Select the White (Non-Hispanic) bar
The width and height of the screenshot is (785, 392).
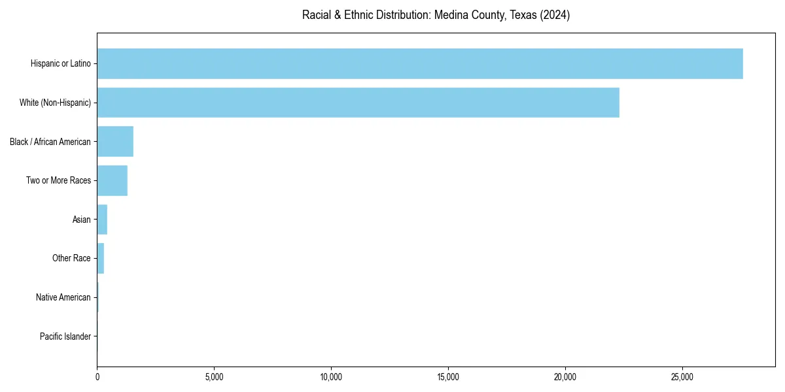358,103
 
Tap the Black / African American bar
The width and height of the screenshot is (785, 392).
115,141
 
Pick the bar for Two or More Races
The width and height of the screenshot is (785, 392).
112,180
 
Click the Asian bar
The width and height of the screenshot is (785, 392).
102,220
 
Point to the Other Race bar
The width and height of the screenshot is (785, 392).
101,258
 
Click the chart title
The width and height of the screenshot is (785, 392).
436,15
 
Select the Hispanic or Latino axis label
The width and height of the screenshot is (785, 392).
60,63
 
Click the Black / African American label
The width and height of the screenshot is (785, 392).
50,142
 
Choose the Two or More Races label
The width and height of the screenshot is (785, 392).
58,180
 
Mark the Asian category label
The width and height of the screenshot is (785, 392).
81,220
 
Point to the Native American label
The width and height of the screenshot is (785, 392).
63,297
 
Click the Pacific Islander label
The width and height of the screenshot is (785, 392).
65,336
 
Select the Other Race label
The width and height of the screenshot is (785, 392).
71,258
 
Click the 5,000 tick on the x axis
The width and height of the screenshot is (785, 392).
214,377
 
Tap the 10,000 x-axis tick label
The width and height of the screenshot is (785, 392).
331,377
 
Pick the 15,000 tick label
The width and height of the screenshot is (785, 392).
448,377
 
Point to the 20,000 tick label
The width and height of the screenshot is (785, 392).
565,377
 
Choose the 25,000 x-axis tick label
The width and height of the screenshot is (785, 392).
682,377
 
